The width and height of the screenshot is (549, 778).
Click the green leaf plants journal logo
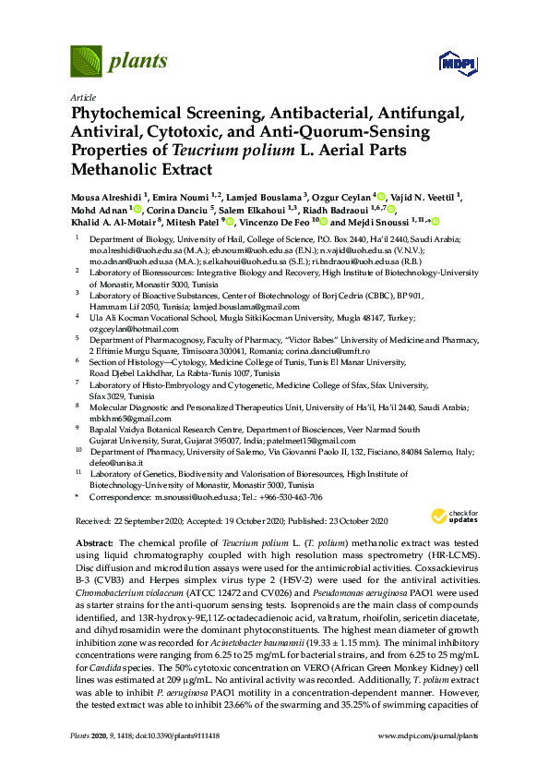(x=85, y=63)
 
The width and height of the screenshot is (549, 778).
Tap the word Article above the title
(x=83, y=97)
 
